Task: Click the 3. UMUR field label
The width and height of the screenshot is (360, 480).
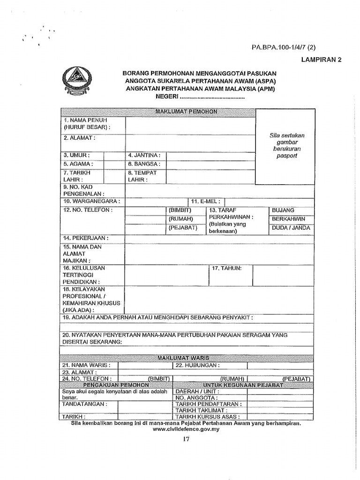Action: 76,155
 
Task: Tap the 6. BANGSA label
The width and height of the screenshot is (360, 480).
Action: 144,164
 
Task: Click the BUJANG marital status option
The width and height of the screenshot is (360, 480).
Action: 284,210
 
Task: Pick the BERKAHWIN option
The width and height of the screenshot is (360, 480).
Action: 288,219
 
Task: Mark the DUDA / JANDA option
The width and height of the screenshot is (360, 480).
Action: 291,228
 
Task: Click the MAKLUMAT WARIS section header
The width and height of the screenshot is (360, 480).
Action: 183,358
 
